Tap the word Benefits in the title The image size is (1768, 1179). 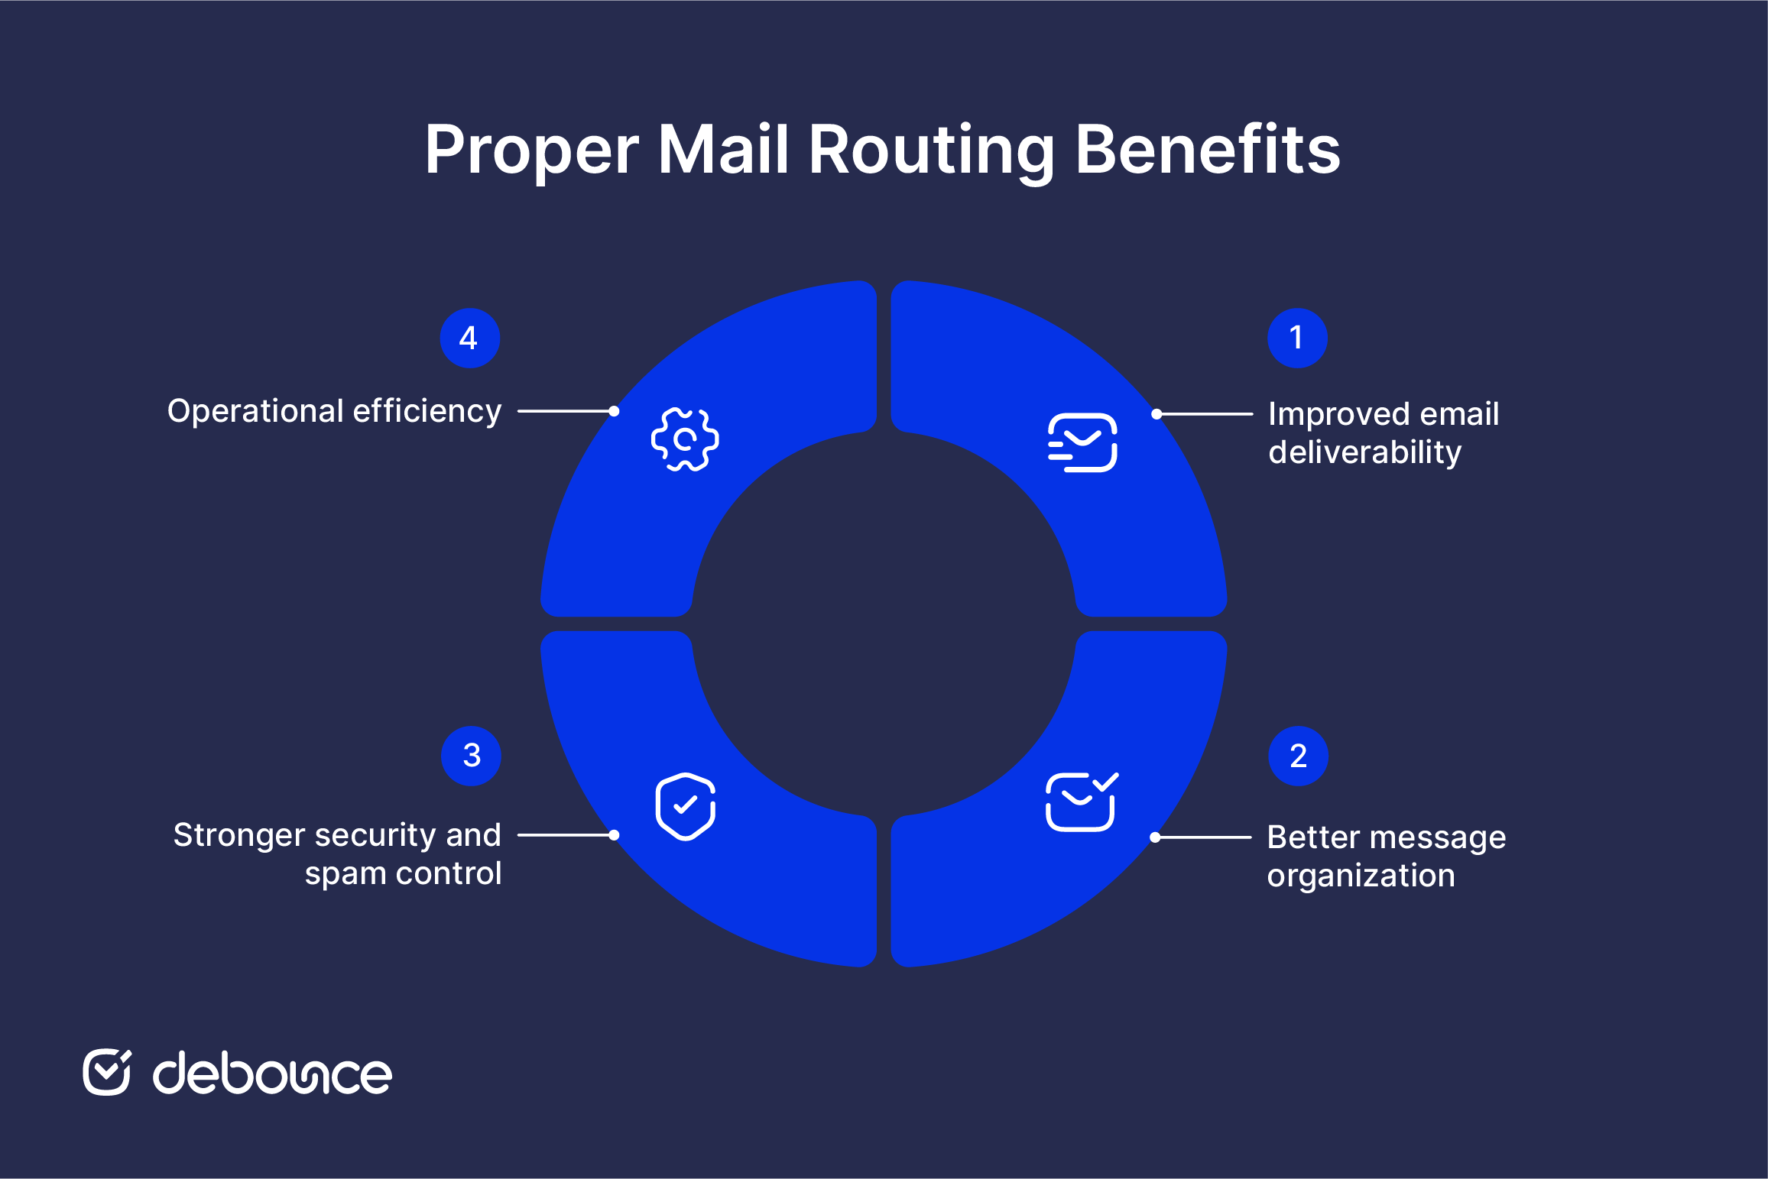[1208, 148]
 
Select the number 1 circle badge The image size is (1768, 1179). [1297, 338]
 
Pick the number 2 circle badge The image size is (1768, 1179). [1298, 756]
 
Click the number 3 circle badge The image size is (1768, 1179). [471, 756]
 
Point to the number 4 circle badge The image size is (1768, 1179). [470, 338]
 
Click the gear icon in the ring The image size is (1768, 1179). [685, 439]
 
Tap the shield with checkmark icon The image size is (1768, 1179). [686, 806]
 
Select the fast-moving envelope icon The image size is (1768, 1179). [1082, 442]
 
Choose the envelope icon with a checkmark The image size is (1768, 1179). [1082, 802]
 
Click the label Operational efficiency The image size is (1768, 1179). [334, 411]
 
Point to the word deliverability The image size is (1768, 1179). [1365, 452]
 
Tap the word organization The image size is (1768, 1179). [1361, 876]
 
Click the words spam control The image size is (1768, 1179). [403, 873]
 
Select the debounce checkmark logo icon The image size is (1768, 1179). [107, 1072]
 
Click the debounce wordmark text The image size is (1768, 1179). [272, 1073]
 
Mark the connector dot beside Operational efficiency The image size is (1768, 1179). [614, 411]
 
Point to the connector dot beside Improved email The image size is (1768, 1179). [1157, 414]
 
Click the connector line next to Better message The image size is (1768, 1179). [1203, 837]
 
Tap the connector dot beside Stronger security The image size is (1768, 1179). [614, 835]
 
